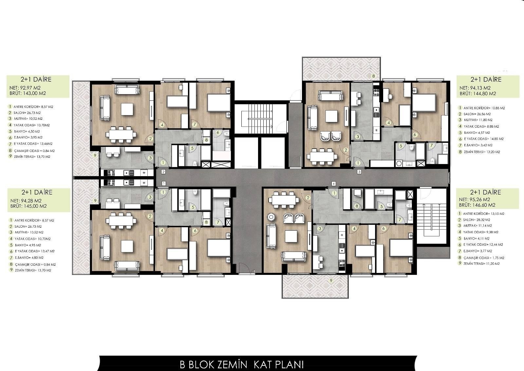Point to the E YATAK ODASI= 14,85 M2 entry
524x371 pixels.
tap(479, 139)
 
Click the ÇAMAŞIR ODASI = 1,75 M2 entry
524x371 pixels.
tap(481, 258)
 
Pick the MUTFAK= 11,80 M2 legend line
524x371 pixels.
tap(476, 120)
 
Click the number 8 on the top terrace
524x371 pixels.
tap(373, 76)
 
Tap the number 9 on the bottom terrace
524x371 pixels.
tap(331, 280)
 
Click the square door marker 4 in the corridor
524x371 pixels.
tap(333, 184)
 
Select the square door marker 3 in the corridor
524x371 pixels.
tap(359, 172)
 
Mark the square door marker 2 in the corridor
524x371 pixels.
tap(163, 172)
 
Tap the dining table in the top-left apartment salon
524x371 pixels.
tap(122, 135)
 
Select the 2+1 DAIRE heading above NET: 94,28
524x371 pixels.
tap(37, 192)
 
